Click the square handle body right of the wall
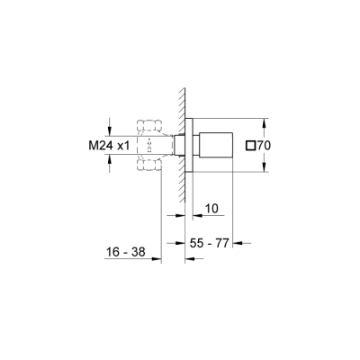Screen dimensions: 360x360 tap(220, 144)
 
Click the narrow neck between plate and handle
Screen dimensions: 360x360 tap(200, 144)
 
